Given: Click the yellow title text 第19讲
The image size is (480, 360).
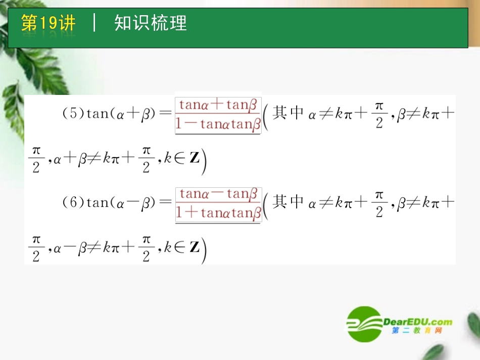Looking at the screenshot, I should [x=48, y=23].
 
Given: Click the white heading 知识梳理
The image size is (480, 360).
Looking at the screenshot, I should [x=151, y=23].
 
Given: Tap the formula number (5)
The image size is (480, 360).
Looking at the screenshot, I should [x=73, y=114].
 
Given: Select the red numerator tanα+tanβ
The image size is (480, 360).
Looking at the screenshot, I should [x=218, y=105].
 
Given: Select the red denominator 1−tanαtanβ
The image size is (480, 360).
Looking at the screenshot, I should [x=218, y=124].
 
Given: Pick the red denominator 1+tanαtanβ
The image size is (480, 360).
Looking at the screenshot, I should [x=218, y=213].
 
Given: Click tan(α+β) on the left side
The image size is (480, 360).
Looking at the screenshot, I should [x=119, y=114].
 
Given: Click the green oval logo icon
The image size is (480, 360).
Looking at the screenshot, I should [x=364, y=323].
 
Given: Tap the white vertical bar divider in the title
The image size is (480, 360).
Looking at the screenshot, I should [x=94, y=23].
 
